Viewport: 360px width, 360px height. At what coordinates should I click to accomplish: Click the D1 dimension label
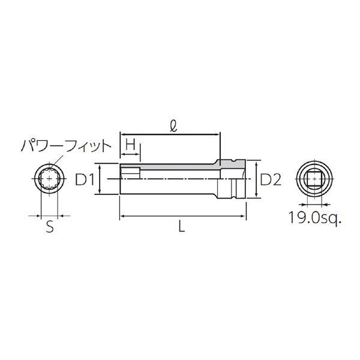[x=85, y=179]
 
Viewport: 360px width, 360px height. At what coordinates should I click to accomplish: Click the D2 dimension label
[x=271, y=179]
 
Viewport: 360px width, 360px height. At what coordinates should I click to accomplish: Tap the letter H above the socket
[x=131, y=145]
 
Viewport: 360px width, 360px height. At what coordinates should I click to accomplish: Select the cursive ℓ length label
[x=174, y=126]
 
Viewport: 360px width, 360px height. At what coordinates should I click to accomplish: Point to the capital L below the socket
[x=182, y=227]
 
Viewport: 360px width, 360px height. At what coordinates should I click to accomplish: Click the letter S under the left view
[x=50, y=227]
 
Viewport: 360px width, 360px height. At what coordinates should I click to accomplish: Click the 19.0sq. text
[x=315, y=218]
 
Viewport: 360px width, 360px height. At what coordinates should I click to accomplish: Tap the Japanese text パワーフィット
[x=66, y=146]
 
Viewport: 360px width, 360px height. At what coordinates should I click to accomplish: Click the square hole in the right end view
[x=314, y=179]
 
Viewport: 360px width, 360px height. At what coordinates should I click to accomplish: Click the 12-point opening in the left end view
[x=49, y=179]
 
